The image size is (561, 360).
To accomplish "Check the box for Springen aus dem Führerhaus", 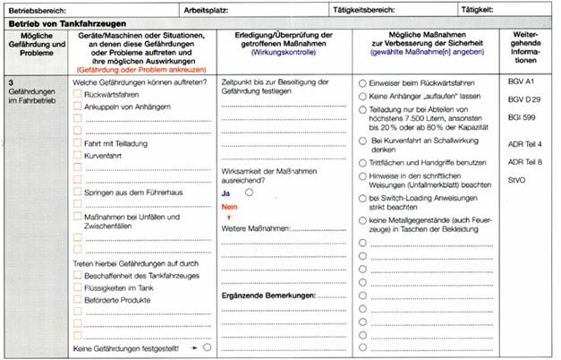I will click(x=77, y=192).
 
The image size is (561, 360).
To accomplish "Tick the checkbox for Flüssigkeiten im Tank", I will click(x=77, y=289).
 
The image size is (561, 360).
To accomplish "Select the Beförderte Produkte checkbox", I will click(x=77, y=302).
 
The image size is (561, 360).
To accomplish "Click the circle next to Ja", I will click(x=249, y=192).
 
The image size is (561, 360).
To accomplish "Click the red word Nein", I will click(x=230, y=207).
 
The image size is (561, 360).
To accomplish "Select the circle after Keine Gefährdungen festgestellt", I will click(x=207, y=346).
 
